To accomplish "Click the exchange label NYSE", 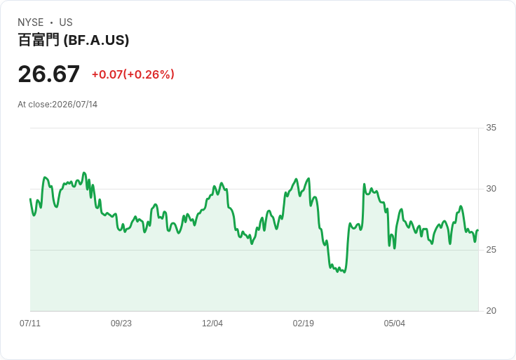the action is pos(31,22).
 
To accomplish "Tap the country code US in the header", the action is pos(66,22).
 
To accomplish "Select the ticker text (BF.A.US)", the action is pos(96,40).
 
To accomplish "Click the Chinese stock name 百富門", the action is pos(39,40).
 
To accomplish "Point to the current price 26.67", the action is pos(48,74).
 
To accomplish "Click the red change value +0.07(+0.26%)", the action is pos(133,74).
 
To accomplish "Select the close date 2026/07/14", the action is pos(75,105).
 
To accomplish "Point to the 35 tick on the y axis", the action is pos(491,128).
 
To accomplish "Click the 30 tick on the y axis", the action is pos(491,189).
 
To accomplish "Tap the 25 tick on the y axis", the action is pos(491,250).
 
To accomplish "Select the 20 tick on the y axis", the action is pos(491,311).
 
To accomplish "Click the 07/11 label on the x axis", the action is pos(30,324).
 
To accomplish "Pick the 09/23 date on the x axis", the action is pos(121,324).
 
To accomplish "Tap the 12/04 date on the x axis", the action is pos(212,324).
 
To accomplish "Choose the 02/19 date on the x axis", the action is pos(304,324).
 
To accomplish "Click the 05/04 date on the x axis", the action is pos(394,324).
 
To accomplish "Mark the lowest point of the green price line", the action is pos(344,272).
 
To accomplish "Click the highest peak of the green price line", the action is pos(84,173).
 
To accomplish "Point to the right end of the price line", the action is pos(478,230).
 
